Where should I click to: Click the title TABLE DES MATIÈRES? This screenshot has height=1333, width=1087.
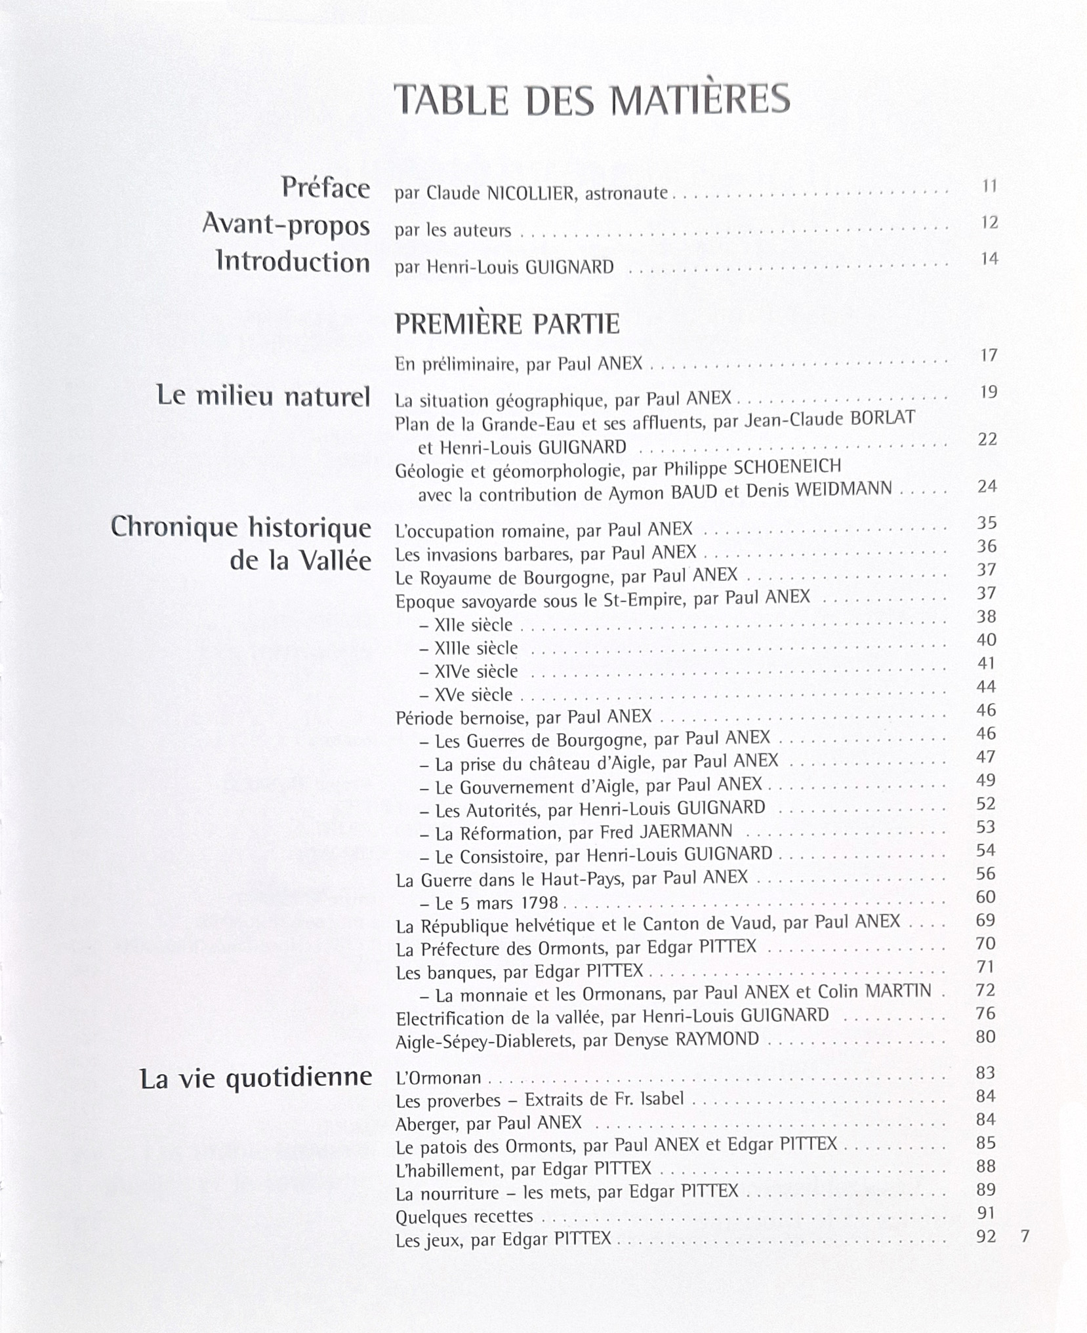point(592,100)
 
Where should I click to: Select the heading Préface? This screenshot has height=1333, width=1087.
point(326,188)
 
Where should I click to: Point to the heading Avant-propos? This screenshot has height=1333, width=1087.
point(286,225)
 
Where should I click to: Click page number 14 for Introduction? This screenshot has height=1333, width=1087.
point(989,259)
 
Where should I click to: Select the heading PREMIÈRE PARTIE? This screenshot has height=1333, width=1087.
point(507,324)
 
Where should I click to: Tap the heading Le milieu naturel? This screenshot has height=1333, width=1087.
point(264,396)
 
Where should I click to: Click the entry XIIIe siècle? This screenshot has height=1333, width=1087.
point(476,648)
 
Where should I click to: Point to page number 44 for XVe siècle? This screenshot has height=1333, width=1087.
point(986,686)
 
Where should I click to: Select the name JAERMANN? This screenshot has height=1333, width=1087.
point(686,831)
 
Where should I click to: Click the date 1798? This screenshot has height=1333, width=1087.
point(539,903)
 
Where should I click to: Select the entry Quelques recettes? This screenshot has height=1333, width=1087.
point(464,1216)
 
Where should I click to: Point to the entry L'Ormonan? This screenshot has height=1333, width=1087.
point(438,1077)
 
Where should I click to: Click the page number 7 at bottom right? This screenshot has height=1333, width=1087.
point(1025,1237)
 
